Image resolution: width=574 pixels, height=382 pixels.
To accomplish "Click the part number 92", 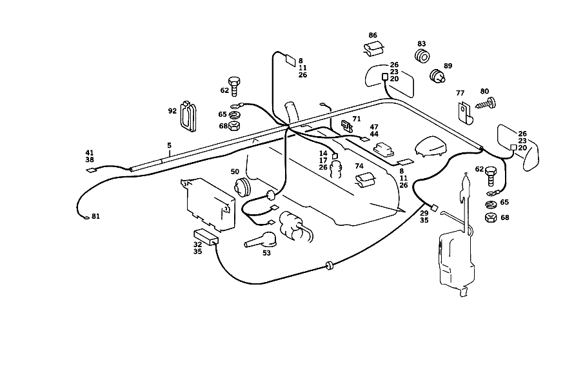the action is coord(172,111).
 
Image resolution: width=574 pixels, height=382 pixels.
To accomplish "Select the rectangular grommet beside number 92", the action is coord(188,116).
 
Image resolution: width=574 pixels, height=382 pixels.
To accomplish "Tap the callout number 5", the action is coord(169,145).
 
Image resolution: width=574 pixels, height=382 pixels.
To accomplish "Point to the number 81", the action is coord(95,216).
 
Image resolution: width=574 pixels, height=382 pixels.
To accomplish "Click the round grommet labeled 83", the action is coord(422,56).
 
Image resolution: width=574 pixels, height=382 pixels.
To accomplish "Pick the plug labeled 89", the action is coord(437,76).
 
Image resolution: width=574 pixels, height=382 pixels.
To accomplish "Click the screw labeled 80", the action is coord(486,103).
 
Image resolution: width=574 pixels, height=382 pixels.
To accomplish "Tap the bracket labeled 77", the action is coord(466,113).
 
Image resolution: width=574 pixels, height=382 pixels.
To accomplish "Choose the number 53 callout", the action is coord(266,253).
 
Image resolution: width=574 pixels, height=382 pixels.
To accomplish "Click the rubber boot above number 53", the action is coord(261,240).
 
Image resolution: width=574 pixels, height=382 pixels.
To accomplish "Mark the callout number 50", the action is coord(235,172).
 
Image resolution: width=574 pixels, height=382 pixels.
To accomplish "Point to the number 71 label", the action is coord(357,119).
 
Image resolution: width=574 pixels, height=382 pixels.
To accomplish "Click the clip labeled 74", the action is coord(365,180).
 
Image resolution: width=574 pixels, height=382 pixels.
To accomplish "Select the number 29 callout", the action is coord(424,213).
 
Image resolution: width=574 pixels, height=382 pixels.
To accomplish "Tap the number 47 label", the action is coord(374,127).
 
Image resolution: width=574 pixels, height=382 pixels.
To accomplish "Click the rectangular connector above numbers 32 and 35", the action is coord(206,237).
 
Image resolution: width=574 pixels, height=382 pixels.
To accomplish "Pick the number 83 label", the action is coord(421,44).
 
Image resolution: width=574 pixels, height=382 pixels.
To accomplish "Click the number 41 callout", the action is coord(89,153).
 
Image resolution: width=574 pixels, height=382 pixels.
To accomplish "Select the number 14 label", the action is coord(323,154).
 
